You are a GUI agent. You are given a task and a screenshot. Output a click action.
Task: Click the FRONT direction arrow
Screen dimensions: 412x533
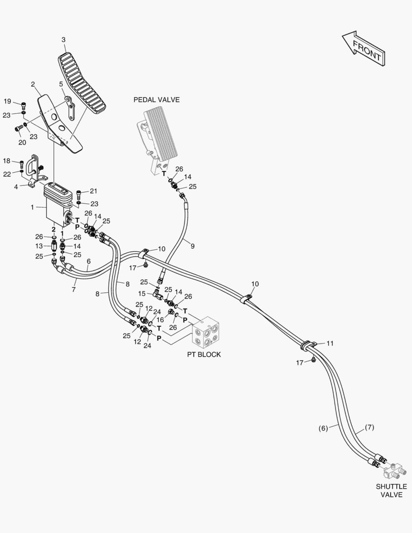(x=364, y=48)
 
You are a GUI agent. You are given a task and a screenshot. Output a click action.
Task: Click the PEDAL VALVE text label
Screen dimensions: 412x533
(x=156, y=100)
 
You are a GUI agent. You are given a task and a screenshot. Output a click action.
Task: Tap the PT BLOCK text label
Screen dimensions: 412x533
(x=204, y=354)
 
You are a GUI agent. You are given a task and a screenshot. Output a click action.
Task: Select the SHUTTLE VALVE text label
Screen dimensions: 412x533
(x=391, y=491)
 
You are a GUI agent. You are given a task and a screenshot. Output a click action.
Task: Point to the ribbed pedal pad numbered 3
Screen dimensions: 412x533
(x=82, y=85)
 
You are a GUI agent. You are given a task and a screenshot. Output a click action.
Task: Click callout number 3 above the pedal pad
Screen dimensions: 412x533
(x=64, y=40)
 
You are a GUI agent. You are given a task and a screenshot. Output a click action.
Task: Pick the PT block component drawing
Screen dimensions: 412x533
(x=205, y=333)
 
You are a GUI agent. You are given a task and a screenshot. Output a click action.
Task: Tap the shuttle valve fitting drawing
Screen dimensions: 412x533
(x=394, y=471)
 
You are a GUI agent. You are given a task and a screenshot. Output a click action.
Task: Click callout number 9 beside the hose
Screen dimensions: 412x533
(x=192, y=246)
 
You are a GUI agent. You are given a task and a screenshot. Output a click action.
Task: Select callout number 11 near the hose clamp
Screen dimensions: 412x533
(x=330, y=343)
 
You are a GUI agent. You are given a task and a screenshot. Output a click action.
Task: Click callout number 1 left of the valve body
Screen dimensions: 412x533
(x=32, y=207)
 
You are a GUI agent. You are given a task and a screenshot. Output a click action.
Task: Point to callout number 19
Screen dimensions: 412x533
(x=7, y=101)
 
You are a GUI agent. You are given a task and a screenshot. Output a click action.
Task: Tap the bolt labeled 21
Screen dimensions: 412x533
(x=79, y=195)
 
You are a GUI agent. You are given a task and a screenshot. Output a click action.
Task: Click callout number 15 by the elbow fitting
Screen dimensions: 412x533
(x=142, y=293)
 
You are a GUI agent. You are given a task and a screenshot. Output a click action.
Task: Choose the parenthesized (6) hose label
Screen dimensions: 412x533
(x=323, y=428)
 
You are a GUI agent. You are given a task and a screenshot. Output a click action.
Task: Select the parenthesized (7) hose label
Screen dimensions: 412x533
(x=369, y=427)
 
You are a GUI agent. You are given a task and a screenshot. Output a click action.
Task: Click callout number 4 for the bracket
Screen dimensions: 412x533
(x=16, y=187)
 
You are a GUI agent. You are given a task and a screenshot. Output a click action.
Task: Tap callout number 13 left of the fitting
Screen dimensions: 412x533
(x=39, y=246)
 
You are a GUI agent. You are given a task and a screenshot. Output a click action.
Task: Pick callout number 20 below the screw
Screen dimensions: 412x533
(x=22, y=143)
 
